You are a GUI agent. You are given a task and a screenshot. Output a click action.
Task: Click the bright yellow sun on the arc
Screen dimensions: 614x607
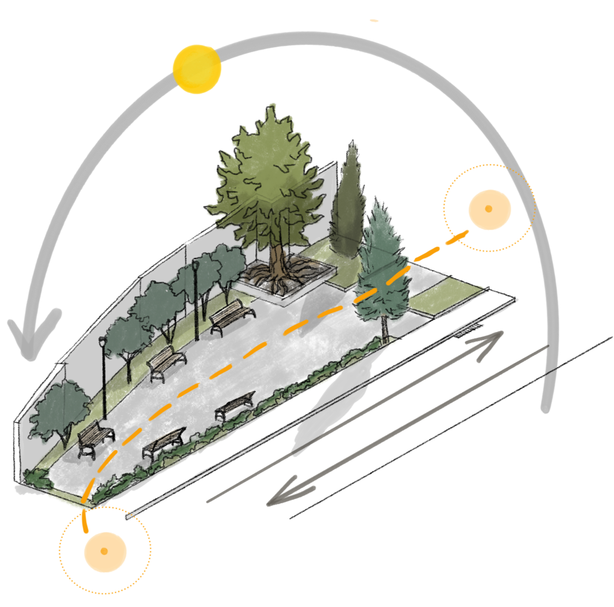tap(197, 69)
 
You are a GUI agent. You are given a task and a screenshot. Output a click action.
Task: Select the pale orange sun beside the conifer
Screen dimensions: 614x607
tap(489, 209)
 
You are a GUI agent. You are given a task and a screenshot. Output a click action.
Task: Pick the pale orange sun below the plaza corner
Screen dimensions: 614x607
tap(105, 552)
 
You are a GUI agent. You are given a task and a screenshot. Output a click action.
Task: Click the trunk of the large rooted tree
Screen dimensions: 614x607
tap(276, 260)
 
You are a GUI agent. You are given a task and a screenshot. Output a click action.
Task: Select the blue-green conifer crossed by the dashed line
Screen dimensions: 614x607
tap(383, 269)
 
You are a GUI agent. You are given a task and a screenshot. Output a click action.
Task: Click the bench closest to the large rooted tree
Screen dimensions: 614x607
tap(232, 316)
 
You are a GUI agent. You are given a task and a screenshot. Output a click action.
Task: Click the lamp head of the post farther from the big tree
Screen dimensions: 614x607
tap(102, 341)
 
